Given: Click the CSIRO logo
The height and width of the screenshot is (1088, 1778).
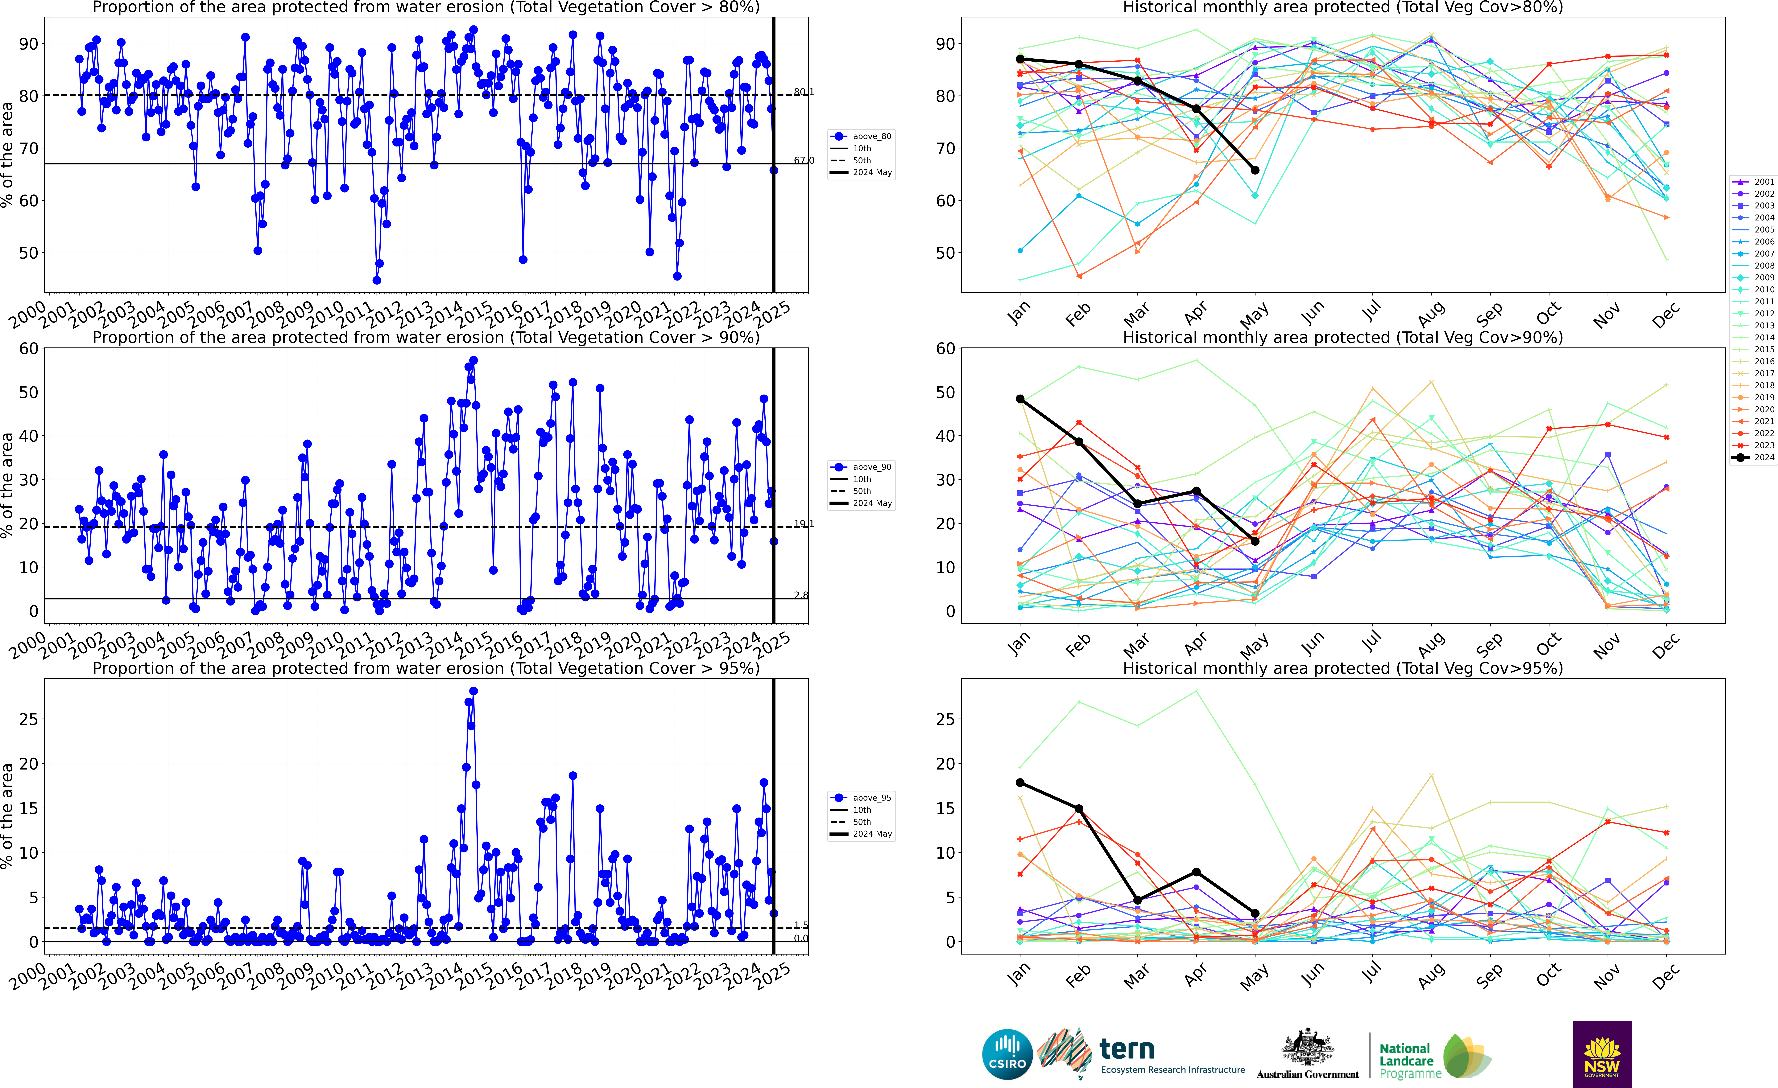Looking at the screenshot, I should [x=1007, y=1054].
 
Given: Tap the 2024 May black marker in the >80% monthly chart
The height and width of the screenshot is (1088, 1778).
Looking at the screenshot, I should [x=1255, y=170].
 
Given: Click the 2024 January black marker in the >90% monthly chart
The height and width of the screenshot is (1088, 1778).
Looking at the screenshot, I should [x=1020, y=399].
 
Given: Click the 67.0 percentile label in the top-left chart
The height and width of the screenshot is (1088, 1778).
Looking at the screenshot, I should [x=804, y=160].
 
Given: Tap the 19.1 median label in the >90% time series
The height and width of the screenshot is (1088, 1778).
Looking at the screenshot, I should [x=804, y=524].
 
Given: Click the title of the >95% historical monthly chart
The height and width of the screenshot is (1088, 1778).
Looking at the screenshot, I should [x=1343, y=668].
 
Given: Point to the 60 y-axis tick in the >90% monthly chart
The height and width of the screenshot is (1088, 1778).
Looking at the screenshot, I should [x=945, y=348].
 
